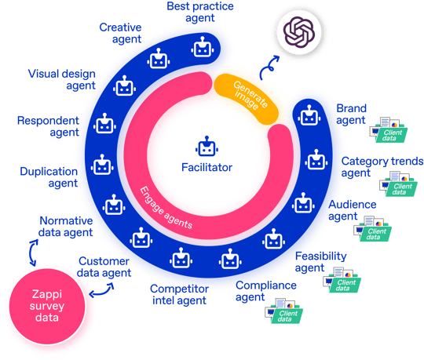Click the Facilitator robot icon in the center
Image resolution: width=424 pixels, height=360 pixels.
(207, 147)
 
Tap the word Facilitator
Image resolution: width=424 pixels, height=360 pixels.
(207, 167)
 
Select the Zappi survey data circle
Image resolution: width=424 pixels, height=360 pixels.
(47, 307)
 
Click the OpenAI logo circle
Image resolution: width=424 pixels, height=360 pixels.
(299, 32)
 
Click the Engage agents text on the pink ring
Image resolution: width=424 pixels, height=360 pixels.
(166, 208)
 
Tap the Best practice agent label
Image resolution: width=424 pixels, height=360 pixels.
(200, 12)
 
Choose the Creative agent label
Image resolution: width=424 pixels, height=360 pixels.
(120, 33)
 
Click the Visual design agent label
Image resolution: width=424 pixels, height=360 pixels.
(62, 79)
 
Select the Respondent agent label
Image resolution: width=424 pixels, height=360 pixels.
(48, 126)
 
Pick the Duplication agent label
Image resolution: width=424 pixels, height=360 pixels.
(49, 177)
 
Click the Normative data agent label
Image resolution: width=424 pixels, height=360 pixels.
(66, 227)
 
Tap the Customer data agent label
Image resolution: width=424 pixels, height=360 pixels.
(104, 267)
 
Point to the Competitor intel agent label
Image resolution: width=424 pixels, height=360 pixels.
(179, 294)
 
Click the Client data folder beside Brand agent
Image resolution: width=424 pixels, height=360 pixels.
(389, 130)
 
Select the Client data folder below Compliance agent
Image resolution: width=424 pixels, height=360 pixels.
(283, 311)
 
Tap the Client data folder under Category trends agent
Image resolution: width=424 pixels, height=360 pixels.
(398, 184)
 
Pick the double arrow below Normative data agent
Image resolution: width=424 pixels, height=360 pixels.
(34, 253)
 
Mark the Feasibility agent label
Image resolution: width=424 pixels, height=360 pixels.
(320, 262)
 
